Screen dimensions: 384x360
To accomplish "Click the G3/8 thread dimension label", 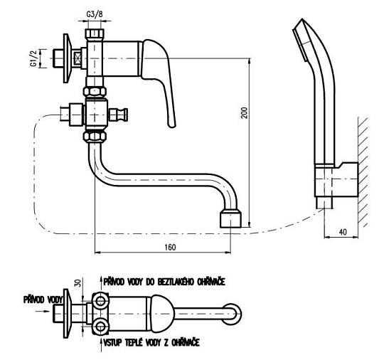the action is point(95,14).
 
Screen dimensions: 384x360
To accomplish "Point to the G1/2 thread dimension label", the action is point(33,58).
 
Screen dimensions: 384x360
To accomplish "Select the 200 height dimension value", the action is point(245,112).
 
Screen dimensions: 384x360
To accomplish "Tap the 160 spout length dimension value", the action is point(170,247).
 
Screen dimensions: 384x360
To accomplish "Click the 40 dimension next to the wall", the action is point(343,232).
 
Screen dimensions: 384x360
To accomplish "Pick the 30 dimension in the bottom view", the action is point(78,283).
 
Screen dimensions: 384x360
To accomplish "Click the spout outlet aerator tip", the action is point(230,218).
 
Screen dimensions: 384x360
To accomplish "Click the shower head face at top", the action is point(299,41).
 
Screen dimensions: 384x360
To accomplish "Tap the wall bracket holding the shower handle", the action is point(336,179).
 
